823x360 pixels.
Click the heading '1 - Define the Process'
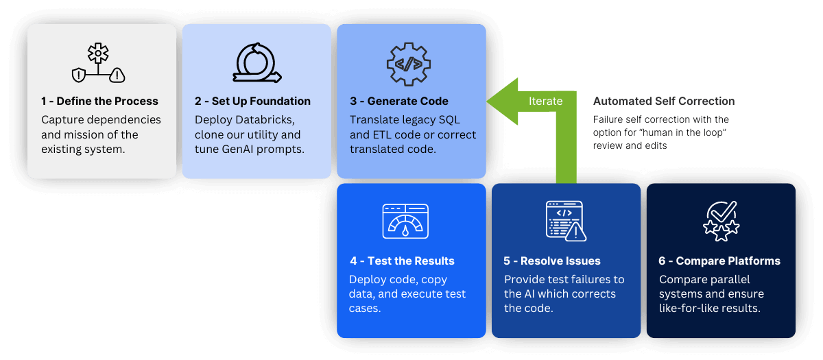[99, 101]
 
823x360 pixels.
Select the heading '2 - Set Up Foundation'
[252, 101]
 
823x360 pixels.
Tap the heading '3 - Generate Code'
[399, 101]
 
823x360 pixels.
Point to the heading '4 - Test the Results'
[402, 261]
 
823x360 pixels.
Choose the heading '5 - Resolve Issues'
[552, 261]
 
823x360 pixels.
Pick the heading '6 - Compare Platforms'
[719, 261]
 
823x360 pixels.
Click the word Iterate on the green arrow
[545, 101]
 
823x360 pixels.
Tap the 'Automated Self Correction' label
[664, 101]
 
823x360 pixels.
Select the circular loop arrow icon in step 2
[255, 63]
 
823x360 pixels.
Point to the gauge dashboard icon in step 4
[405, 221]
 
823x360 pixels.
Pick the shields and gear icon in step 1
[99, 64]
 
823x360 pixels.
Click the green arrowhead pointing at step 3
[502, 101]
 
